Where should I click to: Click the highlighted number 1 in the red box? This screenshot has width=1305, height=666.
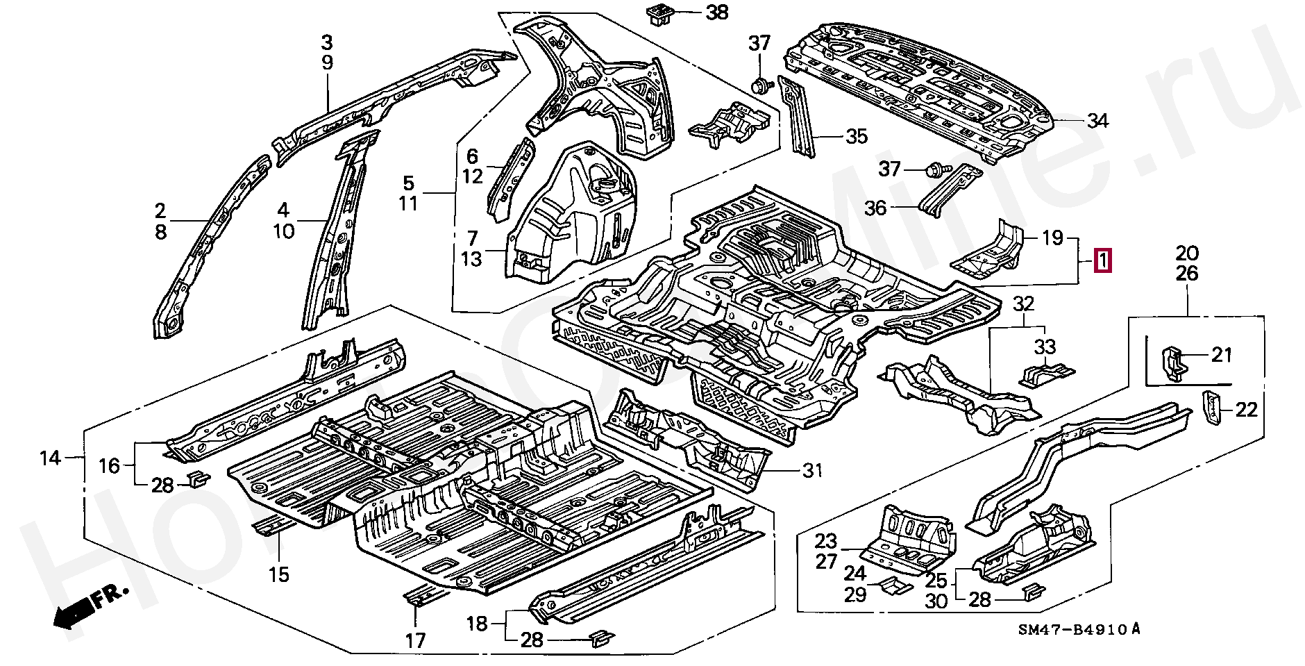point(1102,262)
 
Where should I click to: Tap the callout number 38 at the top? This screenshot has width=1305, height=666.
point(717,13)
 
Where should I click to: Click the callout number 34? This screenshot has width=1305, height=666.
point(1097,122)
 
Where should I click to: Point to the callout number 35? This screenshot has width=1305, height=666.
point(857,137)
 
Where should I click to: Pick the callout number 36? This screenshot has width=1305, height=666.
point(875,207)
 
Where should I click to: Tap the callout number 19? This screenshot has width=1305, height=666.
point(1052,238)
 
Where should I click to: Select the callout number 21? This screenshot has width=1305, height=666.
point(1221,356)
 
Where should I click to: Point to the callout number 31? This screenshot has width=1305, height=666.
point(811,471)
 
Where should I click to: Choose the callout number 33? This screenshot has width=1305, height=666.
point(1045,347)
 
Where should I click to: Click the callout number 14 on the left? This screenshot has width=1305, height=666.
point(50,458)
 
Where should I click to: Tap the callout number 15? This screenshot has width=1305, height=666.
point(279,574)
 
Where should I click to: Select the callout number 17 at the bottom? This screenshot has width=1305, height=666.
point(415,640)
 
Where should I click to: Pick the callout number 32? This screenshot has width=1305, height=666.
point(1024,303)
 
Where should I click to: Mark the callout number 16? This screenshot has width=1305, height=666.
point(109,466)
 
